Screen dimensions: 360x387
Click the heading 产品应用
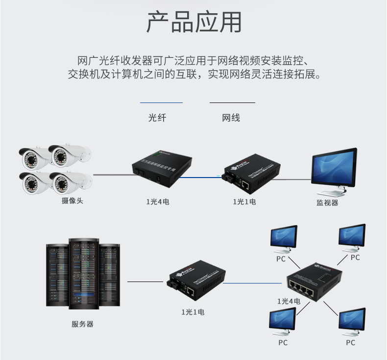click(x=193, y=22)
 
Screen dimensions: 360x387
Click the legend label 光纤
click(x=157, y=118)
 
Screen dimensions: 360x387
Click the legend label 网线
click(x=231, y=118)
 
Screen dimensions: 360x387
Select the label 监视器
click(x=327, y=202)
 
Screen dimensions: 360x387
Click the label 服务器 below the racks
click(x=82, y=324)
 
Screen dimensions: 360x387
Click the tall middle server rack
click(x=82, y=274)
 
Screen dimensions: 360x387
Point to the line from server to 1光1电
click(x=145, y=282)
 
